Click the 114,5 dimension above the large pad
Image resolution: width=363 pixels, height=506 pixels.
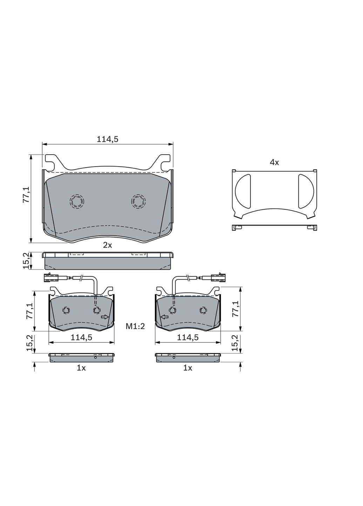tap(107, 139)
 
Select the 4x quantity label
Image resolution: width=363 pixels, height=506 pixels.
tap(274, 162)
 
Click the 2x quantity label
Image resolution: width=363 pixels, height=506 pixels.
tap(107, 245)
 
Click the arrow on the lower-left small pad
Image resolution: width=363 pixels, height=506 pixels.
tap(105, 317)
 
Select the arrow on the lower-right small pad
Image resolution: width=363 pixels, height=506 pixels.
tap(164, 317)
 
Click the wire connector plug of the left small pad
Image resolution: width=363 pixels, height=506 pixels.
tap(51, 278)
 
